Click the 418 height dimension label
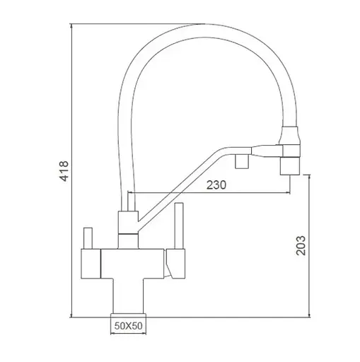coord(64,171)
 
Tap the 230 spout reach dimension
coord(216,185)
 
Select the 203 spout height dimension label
coord(301,245)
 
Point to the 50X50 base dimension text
coord(129,326)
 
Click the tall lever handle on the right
coord(179,226)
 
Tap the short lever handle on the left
coord(88,238)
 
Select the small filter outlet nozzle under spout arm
coord(242,162)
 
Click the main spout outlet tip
coord(290,166)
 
